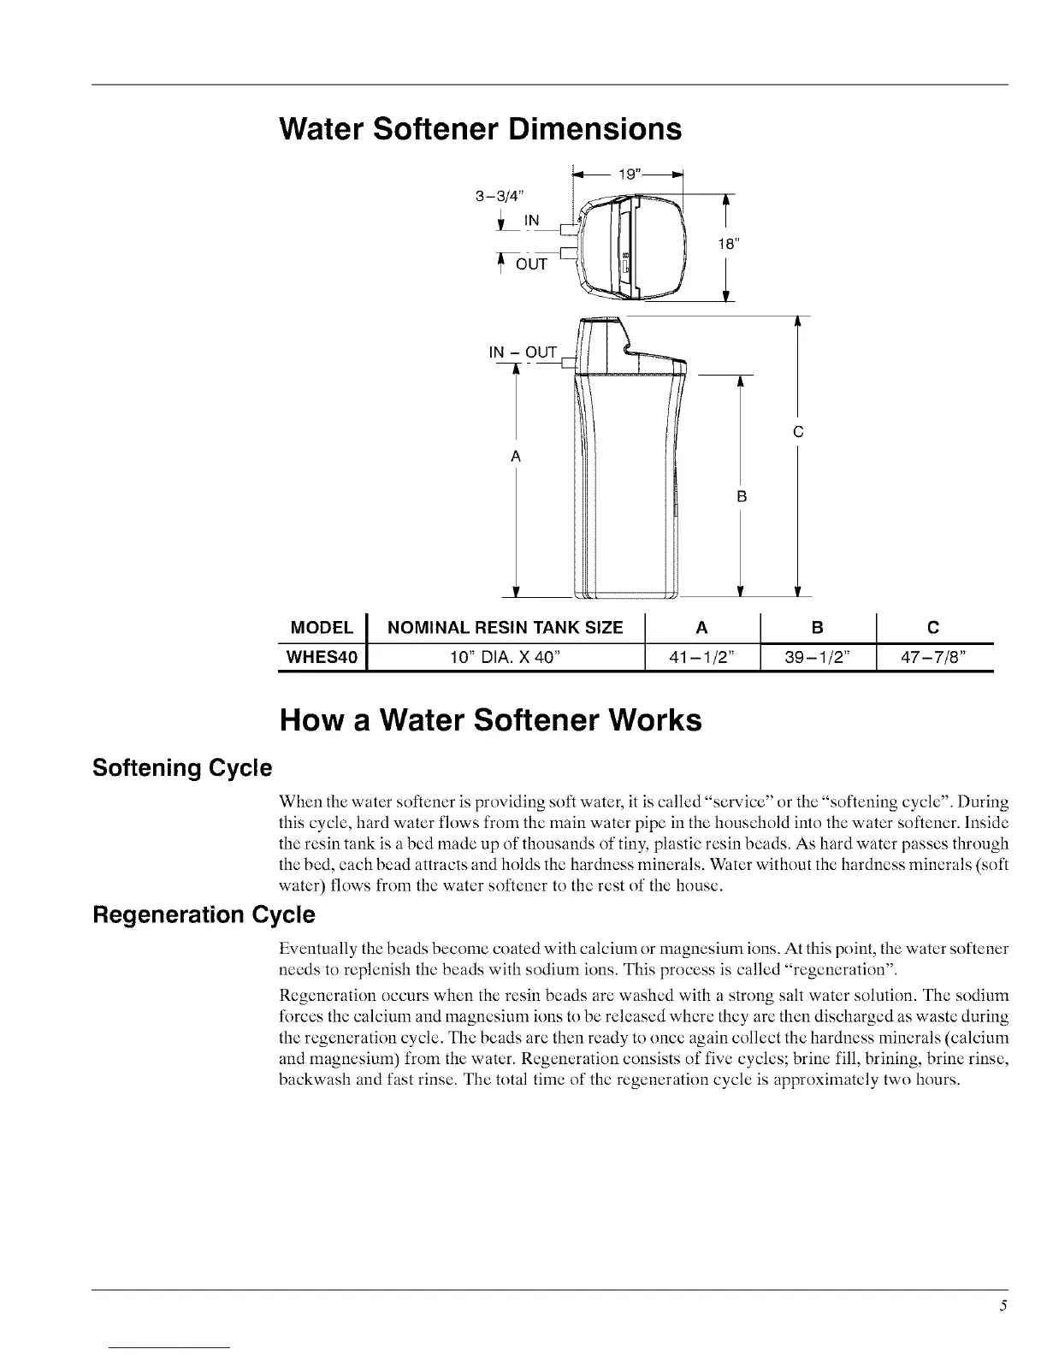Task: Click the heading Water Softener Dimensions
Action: coord(481,129)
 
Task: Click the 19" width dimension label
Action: coord(630,175)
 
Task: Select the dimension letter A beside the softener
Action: coord(516,457)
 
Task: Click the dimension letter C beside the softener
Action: coord(797,433)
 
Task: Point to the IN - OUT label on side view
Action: coord(523,352)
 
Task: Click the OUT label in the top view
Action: coord(531,264)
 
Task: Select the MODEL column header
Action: coord(322,628)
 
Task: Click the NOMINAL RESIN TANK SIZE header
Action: coord(505,628)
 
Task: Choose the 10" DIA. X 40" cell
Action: coord(505,657)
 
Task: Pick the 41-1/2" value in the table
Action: coord(701,657)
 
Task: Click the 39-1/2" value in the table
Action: coord(818,657)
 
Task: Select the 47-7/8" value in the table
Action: coord(934,657)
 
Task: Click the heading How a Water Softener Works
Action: coord(490,720)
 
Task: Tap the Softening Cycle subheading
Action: coord(181,767)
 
